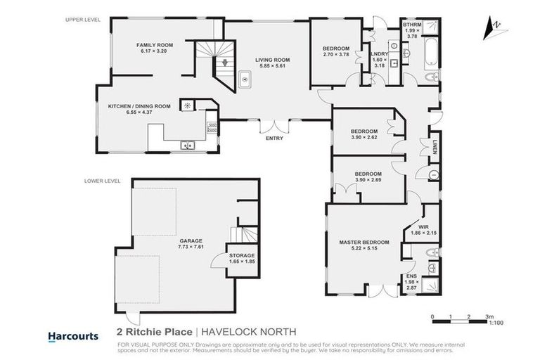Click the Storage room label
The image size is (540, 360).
[x=241, y=255]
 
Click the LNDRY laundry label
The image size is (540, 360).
[x=380, y=53]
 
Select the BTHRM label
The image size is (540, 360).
[x=411, y=25]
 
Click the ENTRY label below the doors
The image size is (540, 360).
[x=274, y=138]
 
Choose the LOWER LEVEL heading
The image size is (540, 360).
[x=100, y=180]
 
